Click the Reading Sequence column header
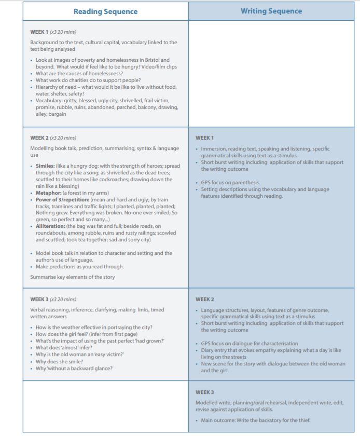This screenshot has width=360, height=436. point(105,11)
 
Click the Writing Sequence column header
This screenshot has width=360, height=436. point(271,11)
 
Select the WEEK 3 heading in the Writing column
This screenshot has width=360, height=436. point(204,392)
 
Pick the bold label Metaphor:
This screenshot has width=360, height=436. point(49,193)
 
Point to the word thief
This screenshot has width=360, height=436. point(303,420)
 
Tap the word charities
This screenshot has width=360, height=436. point(74,80)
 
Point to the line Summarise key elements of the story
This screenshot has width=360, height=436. point(72,277)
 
